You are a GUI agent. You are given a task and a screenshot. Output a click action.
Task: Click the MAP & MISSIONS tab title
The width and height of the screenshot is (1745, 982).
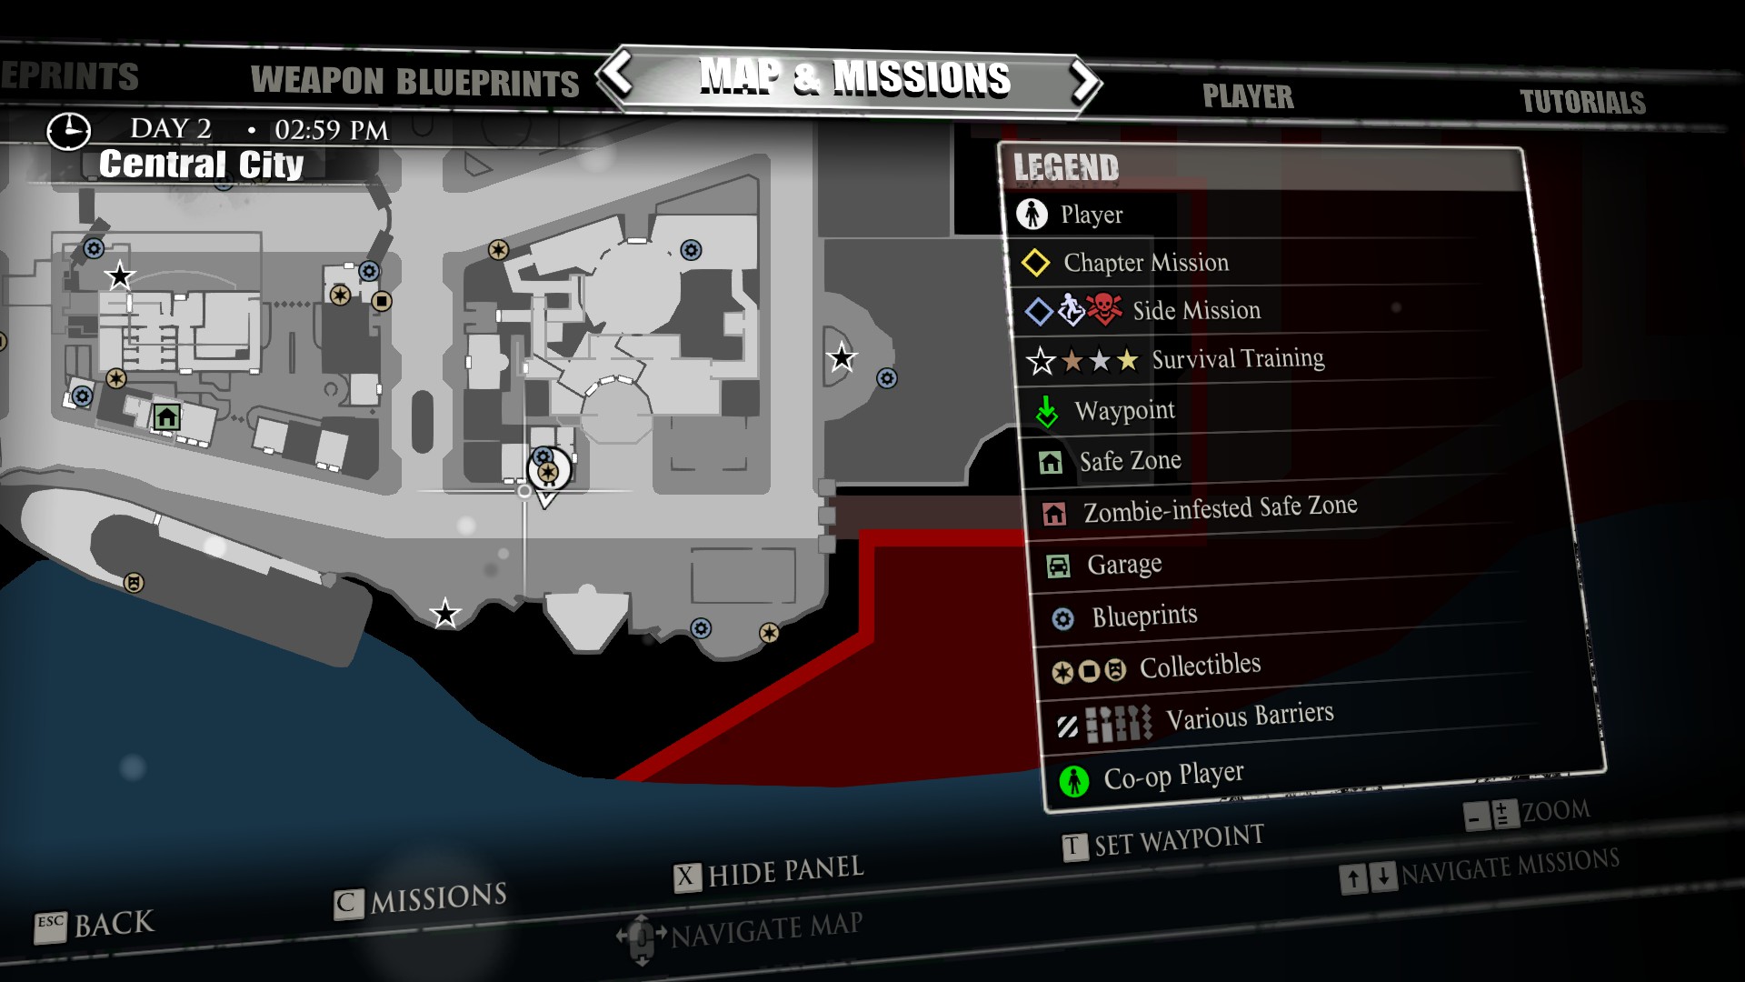[x=854, y=78]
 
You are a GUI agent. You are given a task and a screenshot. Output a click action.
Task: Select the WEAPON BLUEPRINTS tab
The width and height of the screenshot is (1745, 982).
[x=414, y=82]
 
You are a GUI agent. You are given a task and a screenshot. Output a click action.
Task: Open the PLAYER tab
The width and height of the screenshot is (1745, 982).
[x=1248, y=96]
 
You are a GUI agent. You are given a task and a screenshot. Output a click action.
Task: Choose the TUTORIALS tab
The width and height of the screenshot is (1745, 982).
[x=1582, y=102]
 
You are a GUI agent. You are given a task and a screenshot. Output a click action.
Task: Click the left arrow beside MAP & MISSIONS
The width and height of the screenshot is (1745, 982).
[x=618, y=75]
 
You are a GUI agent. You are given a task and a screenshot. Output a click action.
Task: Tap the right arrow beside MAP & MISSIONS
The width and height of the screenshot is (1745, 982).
[x=1083, y=82]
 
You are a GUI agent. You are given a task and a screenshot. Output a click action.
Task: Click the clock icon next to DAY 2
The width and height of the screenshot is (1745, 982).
[x=68, y=131]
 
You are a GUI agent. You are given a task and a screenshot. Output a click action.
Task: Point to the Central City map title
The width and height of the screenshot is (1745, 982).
[x=201, y=165]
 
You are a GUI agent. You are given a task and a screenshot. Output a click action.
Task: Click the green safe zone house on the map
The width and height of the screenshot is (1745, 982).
[x=166, y=417]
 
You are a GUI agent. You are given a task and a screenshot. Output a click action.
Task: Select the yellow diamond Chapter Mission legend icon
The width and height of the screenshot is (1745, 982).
[x=1035, y=263]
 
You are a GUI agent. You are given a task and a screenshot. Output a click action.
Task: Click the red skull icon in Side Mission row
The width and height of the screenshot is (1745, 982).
[x=1104, y=308]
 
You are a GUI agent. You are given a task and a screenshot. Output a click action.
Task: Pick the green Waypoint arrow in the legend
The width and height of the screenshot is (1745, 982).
[x=1047, y=413]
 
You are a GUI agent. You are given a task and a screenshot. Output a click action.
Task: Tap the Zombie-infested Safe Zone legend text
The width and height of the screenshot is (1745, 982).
[x=1220, y=509]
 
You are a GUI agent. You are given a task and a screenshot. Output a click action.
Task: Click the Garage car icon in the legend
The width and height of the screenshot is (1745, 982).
[x=1058, y=566]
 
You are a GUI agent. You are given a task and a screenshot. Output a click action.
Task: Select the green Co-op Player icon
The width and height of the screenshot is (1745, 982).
[x=1074, y=780]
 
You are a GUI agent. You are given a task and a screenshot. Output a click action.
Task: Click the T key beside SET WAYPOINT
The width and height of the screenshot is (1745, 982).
[x=1073, y=847]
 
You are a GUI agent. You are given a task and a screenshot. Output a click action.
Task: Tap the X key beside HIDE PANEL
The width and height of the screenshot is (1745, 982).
[x=686, y=877]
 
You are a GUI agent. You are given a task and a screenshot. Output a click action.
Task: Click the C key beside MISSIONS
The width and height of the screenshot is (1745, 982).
[x=346, y=904]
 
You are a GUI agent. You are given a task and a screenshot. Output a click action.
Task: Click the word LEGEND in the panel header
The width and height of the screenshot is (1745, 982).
[x=1066, y=168]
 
